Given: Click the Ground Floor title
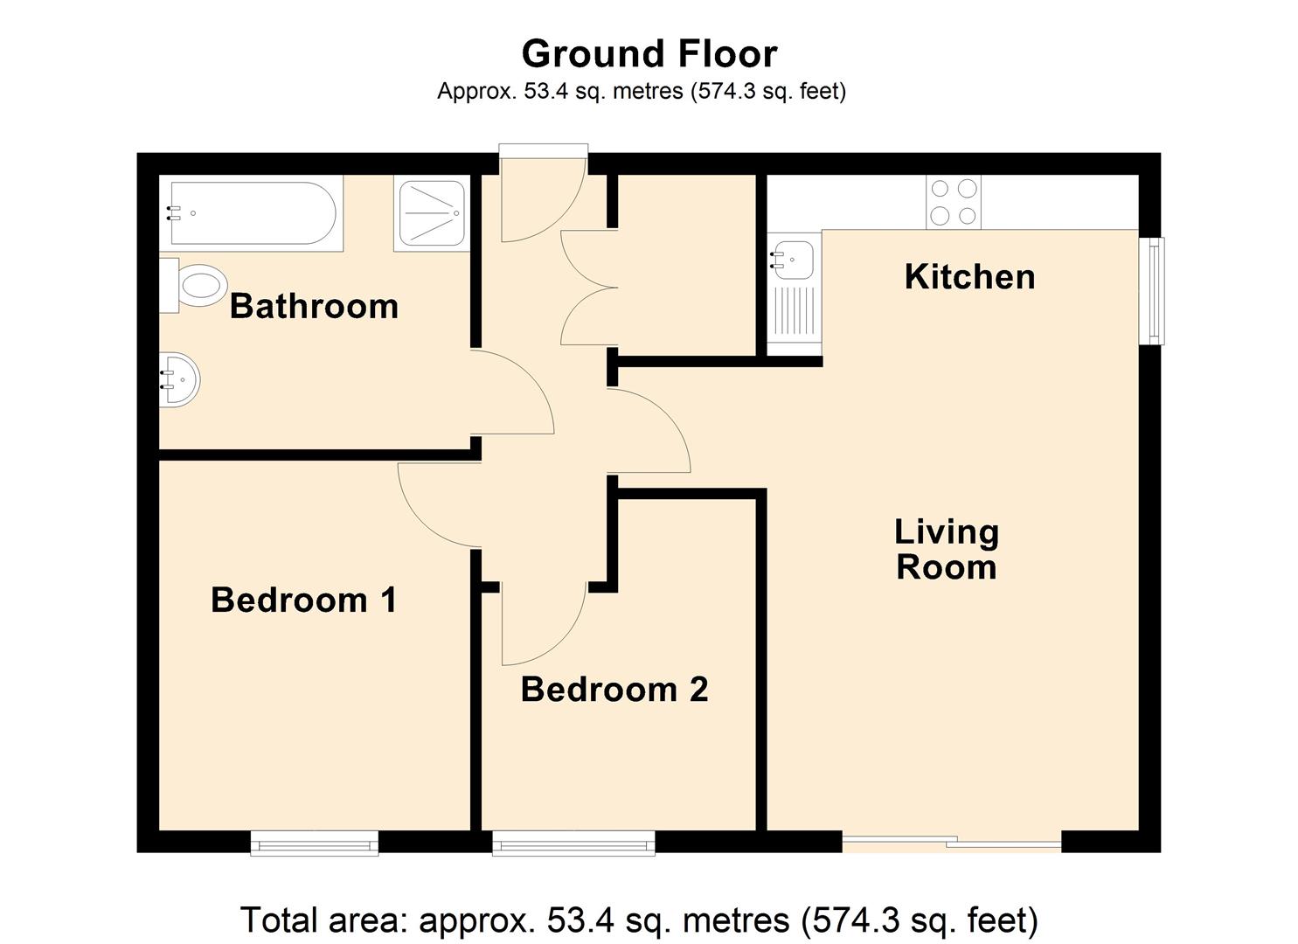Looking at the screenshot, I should tap(649, 54).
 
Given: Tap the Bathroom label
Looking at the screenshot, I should tap(314, 307).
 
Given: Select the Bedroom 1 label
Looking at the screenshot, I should tap(303, 600).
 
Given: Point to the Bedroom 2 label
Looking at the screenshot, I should tap(614, 690).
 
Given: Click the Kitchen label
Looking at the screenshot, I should tap(969, 277).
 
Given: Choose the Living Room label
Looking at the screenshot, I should tap(946, 550).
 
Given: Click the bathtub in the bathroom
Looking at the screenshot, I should tap(252, 213).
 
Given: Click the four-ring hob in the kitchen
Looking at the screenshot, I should tap(954, 202).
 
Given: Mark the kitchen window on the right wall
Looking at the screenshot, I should tap(1156, 290).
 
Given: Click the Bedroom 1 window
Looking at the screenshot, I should tap(314, 843).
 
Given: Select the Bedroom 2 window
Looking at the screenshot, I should tap(573, 843).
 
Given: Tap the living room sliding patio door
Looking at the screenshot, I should tap(952, 843).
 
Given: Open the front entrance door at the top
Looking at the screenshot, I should tap(542, 197).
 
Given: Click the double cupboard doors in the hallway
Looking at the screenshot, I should tap(587, 288).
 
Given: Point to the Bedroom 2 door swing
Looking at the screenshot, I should tap(542, 625).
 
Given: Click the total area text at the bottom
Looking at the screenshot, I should tap(639, 920).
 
